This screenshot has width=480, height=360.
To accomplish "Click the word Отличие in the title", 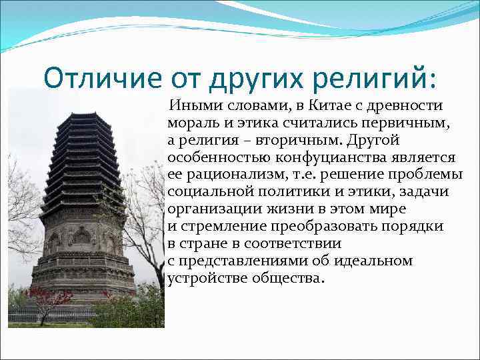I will click(x=103, y=78).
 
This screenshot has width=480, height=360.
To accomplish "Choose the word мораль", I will click(x=191, y=123).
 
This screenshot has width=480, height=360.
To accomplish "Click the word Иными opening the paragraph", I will click(x=192, y=106).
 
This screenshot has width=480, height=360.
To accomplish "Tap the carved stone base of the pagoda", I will click(x=83, y=267).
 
